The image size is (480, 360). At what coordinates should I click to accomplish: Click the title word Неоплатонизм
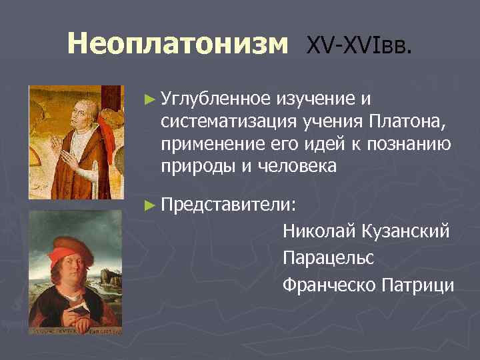point(178,45)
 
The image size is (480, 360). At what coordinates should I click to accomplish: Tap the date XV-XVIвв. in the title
point(359,45)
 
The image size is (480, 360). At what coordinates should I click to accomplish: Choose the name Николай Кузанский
point(366,231)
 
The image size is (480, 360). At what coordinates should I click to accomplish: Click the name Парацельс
point(328,258)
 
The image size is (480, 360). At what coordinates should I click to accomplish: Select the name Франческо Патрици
point(368,285)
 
